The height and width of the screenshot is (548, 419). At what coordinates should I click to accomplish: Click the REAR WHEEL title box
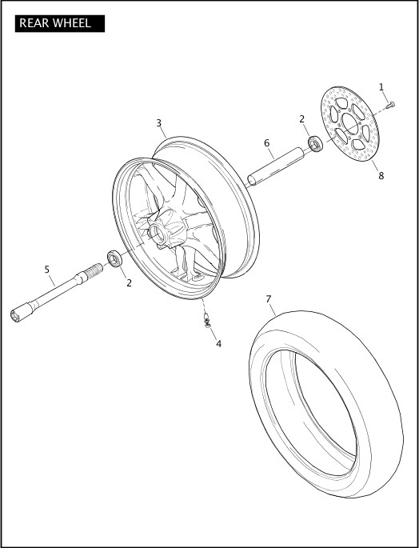pos(60,23)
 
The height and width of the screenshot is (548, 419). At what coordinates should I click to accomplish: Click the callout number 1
pos(381,87)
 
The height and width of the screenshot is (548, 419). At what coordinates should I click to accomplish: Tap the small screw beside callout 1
pos(390,104)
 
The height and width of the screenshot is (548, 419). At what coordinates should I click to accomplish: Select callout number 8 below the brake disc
pos(381,176)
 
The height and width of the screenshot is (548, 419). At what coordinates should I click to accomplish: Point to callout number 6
pos(267,143)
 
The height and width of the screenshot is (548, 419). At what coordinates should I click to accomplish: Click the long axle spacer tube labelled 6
pos(277,164)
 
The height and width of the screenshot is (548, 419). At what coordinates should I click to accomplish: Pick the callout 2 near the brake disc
pos(302,119)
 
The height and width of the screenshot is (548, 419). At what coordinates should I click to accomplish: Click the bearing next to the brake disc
pos(316,145)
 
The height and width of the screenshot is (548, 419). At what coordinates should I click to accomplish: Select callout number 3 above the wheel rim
pos(159,123)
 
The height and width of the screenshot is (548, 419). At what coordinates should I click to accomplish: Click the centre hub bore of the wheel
pos(158,232)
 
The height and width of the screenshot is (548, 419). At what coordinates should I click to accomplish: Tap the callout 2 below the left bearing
pos(129,282)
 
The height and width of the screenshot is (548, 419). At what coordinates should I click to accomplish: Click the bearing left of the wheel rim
pos(115,258)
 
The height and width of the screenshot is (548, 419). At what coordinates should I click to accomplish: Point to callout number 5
pos(47,270)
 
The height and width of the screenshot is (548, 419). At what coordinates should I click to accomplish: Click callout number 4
pos(219,343)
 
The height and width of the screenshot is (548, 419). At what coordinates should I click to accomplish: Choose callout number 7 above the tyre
pos(269,300)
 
